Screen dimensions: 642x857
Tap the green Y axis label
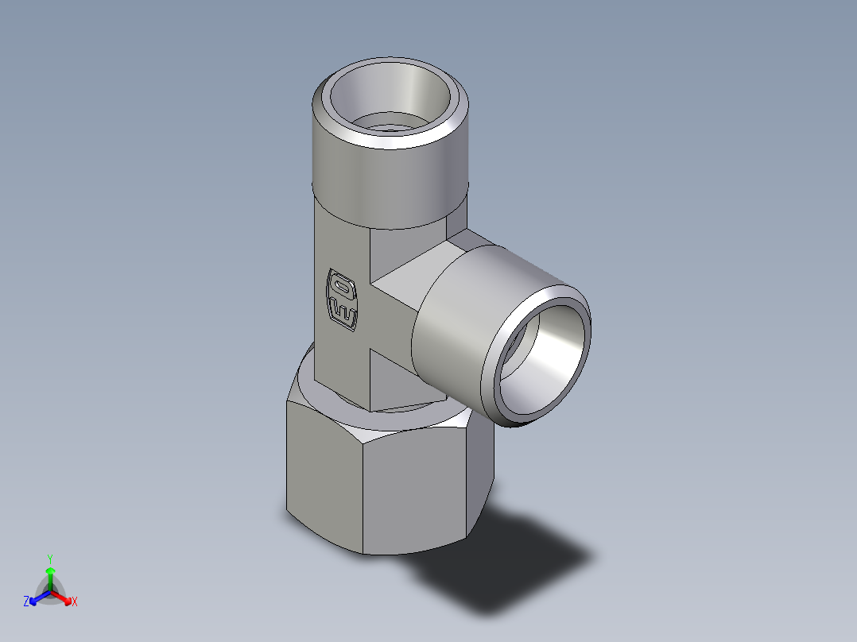pyautogui.click(x=49, y=558)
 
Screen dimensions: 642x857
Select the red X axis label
pyautogui.click(x=74, y=601)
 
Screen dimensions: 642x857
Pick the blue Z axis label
pyautogui.click(x=26, y=601)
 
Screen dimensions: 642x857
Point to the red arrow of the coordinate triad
pyautogui.click(x=63, y=596)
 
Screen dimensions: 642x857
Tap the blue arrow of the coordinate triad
pyautogui.click(x=37, y=596)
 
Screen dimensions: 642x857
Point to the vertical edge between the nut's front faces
pyautogui.click(x=363, y=493)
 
